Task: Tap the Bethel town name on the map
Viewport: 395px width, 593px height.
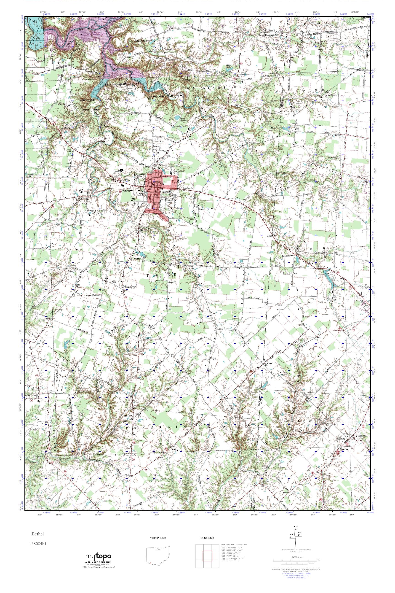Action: click(165, 192)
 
